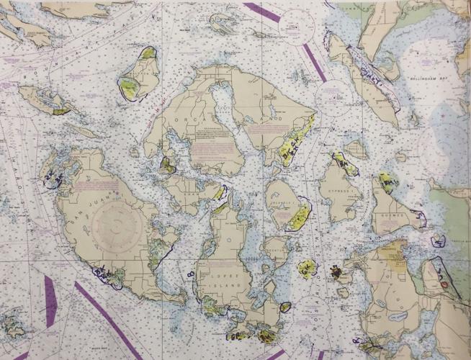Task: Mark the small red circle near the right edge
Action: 444,285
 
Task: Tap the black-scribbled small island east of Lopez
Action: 336,272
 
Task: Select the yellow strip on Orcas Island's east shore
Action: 295,140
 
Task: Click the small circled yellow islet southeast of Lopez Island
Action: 285,307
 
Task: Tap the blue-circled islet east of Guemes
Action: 437,240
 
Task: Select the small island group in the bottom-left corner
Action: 12,325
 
